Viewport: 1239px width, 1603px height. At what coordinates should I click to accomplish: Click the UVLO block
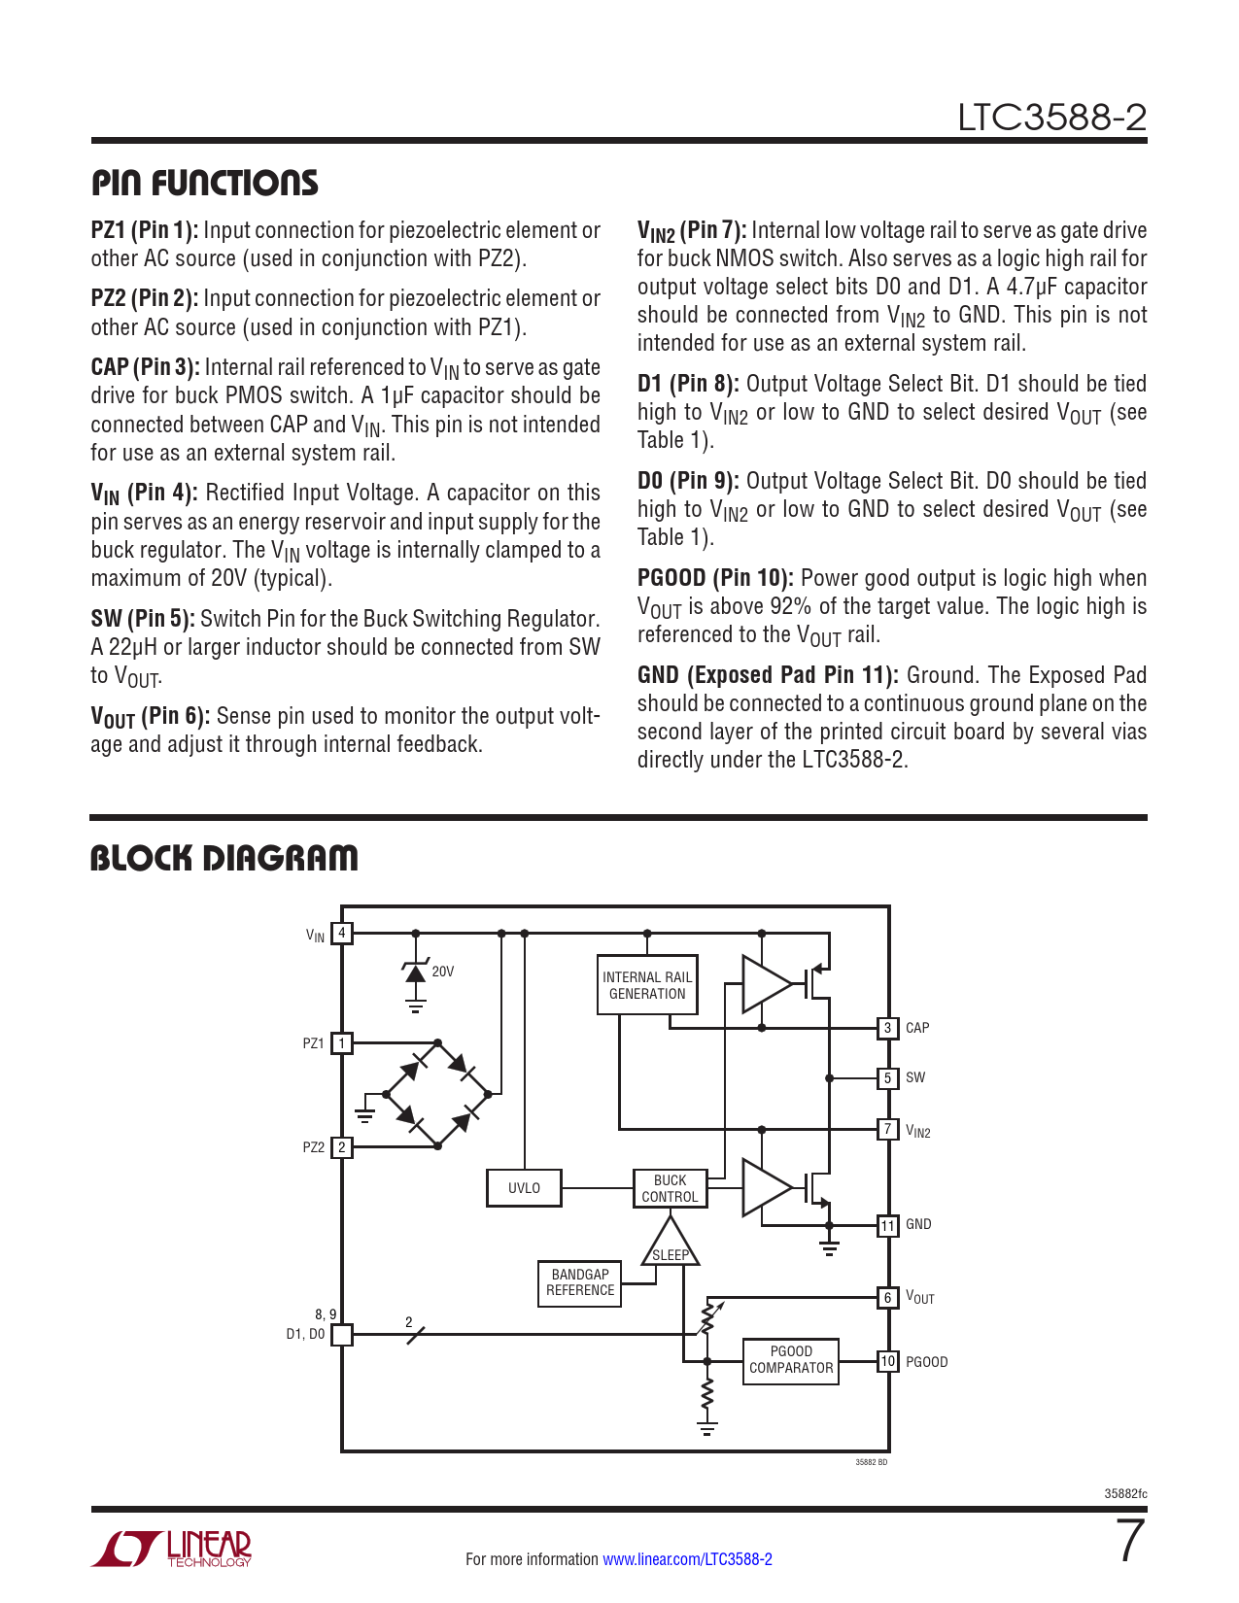pos(524,1188)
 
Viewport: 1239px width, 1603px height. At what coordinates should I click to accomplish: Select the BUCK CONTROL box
pos(670,1188)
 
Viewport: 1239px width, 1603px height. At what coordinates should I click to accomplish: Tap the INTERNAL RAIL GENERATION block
pos(647,985)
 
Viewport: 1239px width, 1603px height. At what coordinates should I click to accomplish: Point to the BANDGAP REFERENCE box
pos(580,1282)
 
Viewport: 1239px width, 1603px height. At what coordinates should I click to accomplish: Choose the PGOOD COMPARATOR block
pos(791,1360)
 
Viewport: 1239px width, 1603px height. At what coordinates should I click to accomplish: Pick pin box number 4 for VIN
pos(341,934)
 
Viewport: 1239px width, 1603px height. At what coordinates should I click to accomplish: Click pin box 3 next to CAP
pos(887,1028)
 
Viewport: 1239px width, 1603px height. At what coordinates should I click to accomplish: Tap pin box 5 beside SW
pos(887,1077)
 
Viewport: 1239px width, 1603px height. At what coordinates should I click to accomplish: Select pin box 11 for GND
pos(887,1225)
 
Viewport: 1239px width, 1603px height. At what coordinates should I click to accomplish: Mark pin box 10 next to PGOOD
pos(887,1361)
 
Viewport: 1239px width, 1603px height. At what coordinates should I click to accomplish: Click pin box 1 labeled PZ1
pos(341,1043)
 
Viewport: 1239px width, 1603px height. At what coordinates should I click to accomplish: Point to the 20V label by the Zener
pos(442,972)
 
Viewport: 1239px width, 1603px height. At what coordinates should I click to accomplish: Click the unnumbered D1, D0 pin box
pos(341,1335)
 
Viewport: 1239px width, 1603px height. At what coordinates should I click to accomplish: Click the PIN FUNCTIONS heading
pos(205,183)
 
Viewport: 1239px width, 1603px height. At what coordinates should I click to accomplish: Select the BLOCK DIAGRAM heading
pos(224,858)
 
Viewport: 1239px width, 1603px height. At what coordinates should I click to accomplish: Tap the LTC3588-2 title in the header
pos(1051,118)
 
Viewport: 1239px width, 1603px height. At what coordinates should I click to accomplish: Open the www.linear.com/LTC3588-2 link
pos(687,1559)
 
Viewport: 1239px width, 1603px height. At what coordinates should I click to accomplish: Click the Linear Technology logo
pos(172,1549)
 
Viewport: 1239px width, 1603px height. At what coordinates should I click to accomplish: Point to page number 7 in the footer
pos(1130,1542)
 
